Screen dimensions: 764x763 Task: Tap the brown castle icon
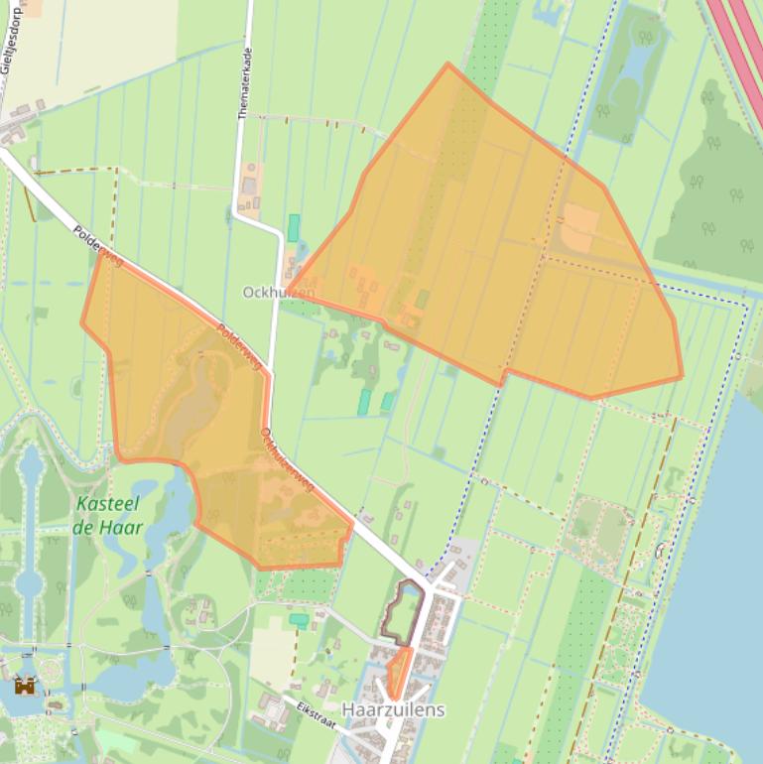[25, 685]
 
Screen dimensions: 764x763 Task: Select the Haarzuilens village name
[393, 710]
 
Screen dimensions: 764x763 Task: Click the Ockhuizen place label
[279, 293]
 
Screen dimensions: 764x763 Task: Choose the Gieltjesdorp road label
[12, 50]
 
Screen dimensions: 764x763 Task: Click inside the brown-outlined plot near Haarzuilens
[402, 613]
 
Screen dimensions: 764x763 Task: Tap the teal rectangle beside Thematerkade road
[294, 228]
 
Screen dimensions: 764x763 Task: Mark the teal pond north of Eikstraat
[299, 619]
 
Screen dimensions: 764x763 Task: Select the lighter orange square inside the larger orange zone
[580, 228]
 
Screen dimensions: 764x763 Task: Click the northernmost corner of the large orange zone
[448, 64]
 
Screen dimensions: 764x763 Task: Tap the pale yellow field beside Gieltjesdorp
[109, 40]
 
